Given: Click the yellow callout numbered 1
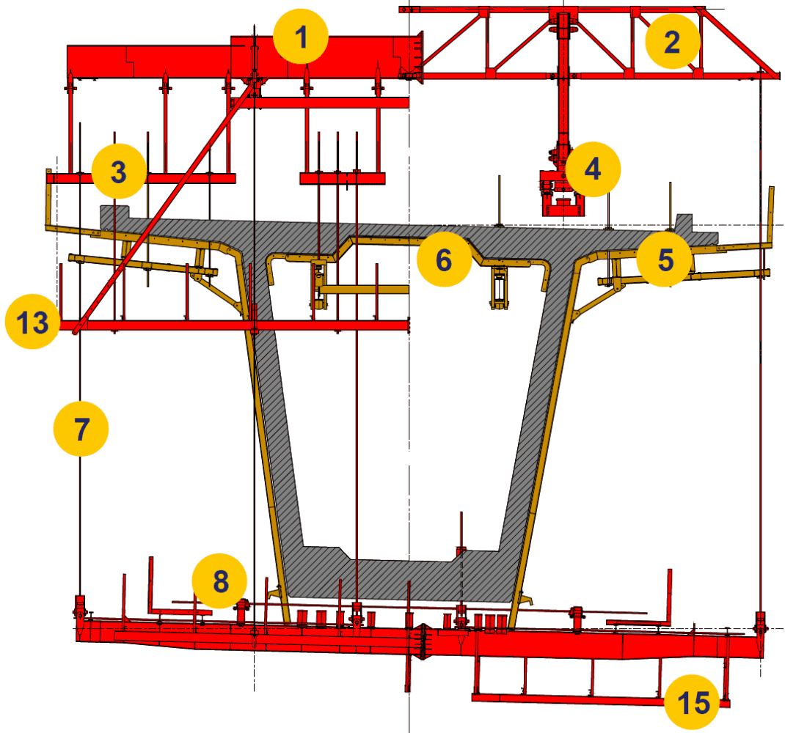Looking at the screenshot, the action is click(x=300, y=37).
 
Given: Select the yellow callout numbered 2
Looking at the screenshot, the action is click(x=672, y=42).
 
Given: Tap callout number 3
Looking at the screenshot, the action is click(x=119, y=171).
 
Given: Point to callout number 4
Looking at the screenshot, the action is click(x=593, y=169).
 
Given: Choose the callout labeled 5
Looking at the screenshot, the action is click(x=665, y=259).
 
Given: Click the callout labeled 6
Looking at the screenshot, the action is click(x=444, y=259).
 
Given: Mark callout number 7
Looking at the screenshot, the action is click(x=81, y=429).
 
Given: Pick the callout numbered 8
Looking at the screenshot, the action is click(x=220, y=581).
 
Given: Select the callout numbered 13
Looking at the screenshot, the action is click(x=32, y=322).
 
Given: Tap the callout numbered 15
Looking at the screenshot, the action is click(x=693, y=702).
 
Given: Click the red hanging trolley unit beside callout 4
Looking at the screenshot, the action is click(x=562, y=193).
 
